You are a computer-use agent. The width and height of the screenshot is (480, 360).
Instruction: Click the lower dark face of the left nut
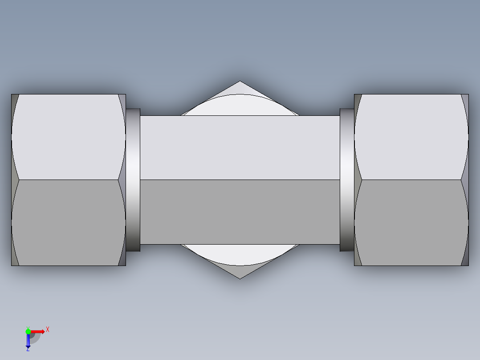point(68,223)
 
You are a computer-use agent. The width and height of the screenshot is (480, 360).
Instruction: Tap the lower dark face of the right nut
point(411,223)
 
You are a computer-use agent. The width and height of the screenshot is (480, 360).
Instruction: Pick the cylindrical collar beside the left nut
point(133,180)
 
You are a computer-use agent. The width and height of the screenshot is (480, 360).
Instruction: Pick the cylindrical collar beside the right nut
point(346,180)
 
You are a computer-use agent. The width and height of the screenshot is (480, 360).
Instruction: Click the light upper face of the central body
point(240,147)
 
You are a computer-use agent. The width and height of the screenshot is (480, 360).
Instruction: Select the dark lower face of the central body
point(240,212)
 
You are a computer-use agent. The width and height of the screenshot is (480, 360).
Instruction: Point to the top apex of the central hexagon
point(240,82)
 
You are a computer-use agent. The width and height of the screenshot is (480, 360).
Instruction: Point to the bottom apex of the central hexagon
point(240,278)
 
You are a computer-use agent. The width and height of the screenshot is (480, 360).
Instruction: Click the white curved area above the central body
point(240,106)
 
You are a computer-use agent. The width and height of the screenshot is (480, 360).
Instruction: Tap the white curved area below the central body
point(240,254)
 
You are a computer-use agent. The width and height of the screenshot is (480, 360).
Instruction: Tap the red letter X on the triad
point(48,329)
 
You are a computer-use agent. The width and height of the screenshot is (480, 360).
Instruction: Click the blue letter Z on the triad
point(28,350)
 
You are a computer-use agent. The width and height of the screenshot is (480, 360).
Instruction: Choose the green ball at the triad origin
point(28,331)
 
